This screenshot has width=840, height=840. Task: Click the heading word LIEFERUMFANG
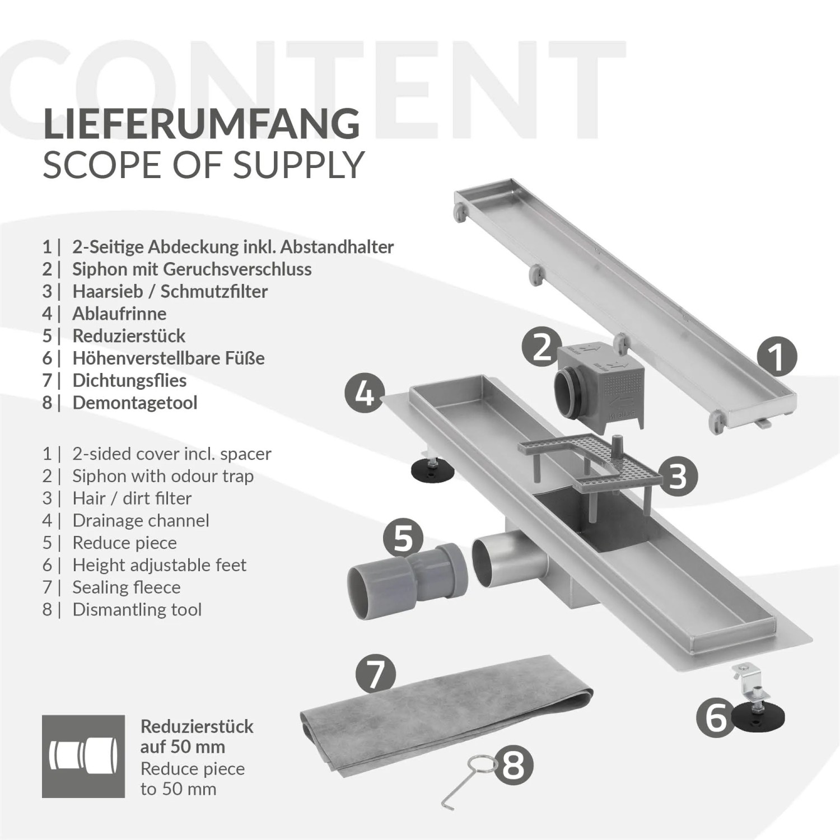click(x=202, y=124)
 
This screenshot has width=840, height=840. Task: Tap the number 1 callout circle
click(x=777, y=356)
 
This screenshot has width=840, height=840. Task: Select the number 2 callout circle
click(x=542, y=347)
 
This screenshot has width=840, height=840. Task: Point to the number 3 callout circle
click(x=678, y=476)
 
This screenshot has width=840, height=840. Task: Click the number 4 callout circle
click(x=365, y=394)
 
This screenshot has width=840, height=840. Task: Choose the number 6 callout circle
click(x=716, y=717)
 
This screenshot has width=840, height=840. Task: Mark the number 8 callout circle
click(x=514, y=764)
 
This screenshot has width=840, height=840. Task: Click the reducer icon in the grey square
click(x=83, y=756)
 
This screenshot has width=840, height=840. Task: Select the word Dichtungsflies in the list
click(x=129, y=380)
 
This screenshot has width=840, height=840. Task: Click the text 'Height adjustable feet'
click(x=159, y=565)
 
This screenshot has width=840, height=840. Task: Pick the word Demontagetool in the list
click(x=134, y=403)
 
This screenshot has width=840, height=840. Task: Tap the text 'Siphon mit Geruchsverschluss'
click(x=192, y=269)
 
